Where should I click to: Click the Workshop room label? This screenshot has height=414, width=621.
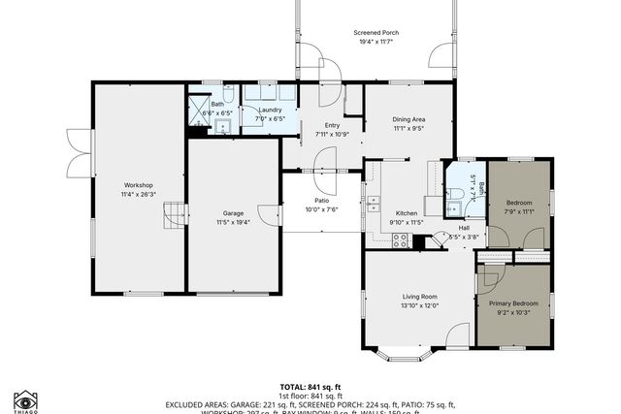[138, 185]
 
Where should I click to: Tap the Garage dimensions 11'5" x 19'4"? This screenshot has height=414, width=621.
[233, 222]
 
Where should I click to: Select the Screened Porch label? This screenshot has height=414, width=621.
[376, 32]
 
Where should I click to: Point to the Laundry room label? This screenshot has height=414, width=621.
[271, 110]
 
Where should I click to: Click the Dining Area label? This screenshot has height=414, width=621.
[409, 118]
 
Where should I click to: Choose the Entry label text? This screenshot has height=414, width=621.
[332, 124]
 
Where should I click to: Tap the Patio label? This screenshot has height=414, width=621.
[319, 201]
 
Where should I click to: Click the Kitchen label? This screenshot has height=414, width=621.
[406, 213]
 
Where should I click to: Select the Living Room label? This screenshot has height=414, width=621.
[420, 297]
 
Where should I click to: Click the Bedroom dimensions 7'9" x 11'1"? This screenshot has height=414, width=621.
[519, 211]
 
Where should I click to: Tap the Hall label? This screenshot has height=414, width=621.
[464, 228]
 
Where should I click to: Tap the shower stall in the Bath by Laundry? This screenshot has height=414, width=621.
[199, 108]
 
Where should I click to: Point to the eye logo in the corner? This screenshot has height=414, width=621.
[25, 399]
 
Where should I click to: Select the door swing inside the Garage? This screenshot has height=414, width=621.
[263, 214]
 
